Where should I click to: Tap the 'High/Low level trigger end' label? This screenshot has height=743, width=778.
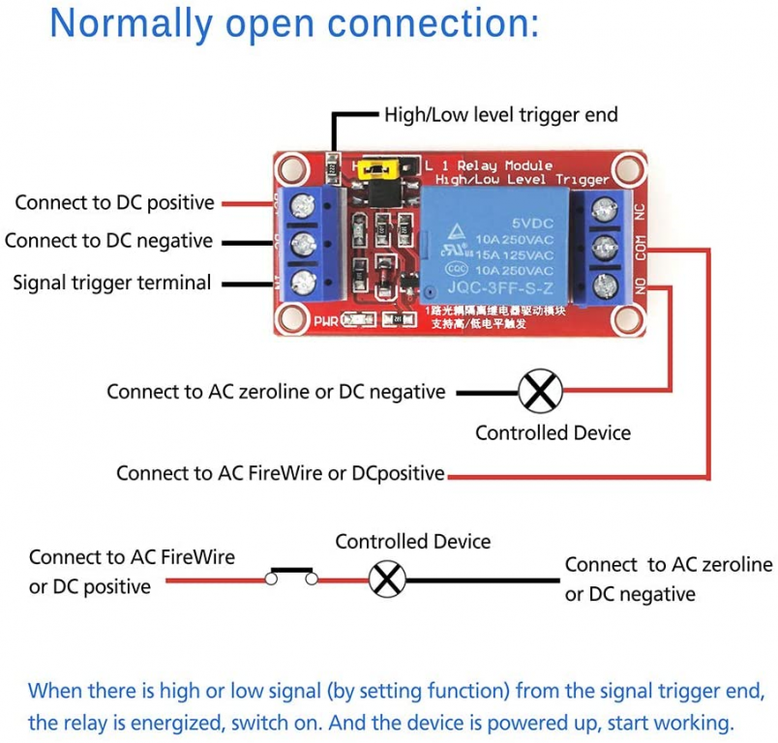[500, 115]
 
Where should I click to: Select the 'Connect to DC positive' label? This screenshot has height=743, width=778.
[114, 202]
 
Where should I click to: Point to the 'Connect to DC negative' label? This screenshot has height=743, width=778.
[108, 240]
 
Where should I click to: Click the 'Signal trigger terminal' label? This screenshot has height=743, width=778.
[111, 282]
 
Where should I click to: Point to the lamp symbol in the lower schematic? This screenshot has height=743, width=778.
[388, 580]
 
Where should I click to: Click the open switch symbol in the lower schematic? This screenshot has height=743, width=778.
[292, 576]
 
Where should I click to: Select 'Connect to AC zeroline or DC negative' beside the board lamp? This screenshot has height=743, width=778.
[276, 392]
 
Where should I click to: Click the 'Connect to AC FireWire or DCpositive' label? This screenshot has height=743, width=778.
[280, 473]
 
